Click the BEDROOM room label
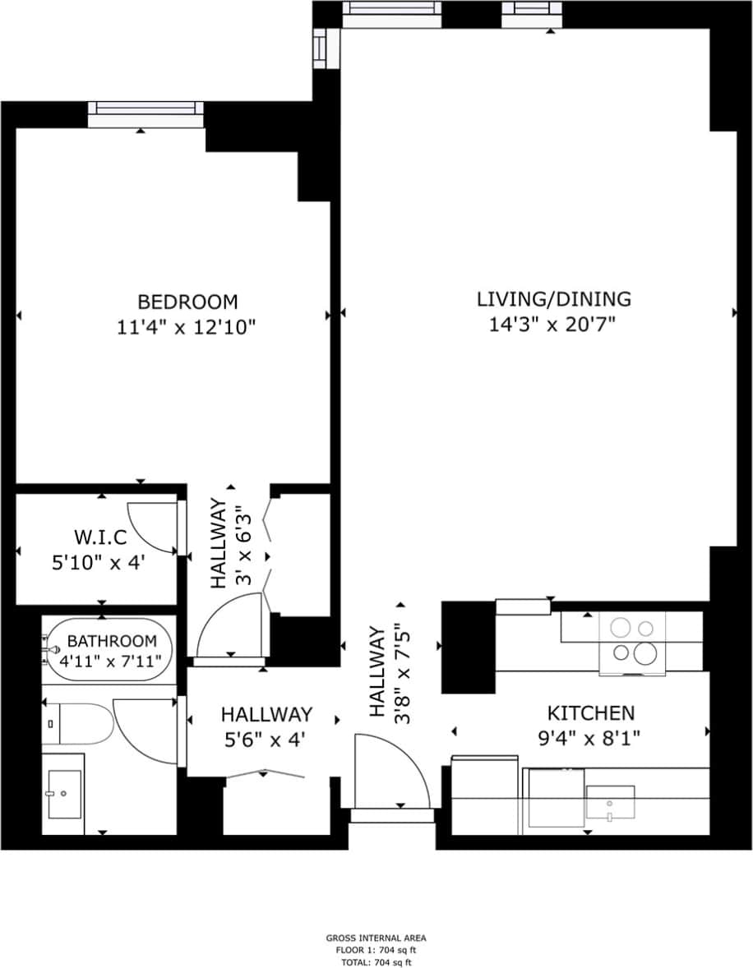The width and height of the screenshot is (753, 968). pyautogui.click(x=187, y=302)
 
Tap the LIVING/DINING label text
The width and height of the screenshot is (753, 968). pyautogui.click(x=554, y=298)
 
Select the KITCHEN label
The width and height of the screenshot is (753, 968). pyautogui.click(x=591, y=712)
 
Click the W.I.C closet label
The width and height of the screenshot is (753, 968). pyautogui.click(x=100, y=538)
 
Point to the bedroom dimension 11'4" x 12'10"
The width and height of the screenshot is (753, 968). pyautogui.click(x=187, y=327)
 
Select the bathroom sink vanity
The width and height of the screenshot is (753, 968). pyautogui.click(x=65, y=794)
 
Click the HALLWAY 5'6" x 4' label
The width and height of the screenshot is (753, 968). pyautogui.click(x=266, y=726)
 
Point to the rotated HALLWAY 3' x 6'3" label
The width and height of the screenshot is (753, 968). pyautogui.click(x=228, y=543)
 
